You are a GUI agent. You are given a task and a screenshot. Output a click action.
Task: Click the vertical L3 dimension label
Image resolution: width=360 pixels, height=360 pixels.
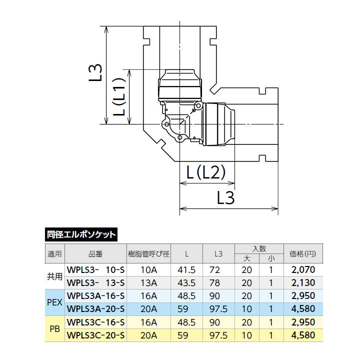95,72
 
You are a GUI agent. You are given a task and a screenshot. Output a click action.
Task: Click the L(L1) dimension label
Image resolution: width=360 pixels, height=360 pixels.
119,96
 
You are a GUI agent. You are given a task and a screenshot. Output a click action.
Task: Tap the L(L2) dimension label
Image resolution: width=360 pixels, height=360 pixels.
205,172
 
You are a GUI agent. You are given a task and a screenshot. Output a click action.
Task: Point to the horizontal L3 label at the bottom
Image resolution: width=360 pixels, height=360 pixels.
225,197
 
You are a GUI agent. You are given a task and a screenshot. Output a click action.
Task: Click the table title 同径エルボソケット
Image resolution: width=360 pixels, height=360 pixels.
81,234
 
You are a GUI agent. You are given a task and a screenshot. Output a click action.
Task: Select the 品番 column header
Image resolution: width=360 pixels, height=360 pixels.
95,254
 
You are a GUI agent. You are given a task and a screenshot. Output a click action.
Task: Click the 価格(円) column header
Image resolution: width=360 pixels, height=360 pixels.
303,253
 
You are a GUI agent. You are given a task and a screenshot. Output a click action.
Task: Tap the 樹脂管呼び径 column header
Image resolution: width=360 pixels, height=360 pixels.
149,254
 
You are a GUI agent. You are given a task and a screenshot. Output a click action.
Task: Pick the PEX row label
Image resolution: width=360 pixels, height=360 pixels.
54,302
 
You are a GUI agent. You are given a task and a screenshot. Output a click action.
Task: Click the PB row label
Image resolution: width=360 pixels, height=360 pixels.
54,329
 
